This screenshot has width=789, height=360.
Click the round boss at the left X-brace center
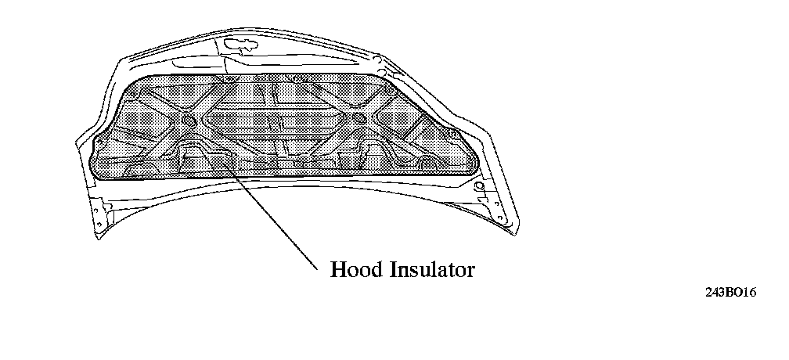point(188,121)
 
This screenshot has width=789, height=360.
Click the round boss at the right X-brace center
point(358,119)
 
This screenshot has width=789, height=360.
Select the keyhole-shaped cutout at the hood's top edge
point(235,46)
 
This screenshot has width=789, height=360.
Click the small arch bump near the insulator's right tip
point(427,162)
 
